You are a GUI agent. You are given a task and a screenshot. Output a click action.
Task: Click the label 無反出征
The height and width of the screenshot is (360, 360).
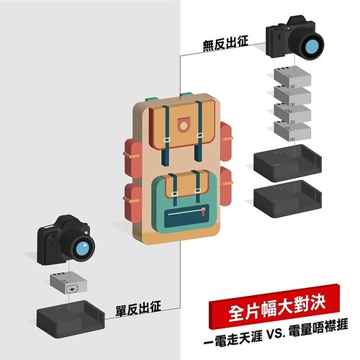225,43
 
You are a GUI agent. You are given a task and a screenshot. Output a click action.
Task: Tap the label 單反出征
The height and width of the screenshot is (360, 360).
138,308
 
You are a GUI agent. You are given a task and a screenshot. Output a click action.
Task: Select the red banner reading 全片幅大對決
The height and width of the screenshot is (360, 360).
275,307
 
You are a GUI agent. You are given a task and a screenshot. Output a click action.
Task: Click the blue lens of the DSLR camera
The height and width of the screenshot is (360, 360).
82,248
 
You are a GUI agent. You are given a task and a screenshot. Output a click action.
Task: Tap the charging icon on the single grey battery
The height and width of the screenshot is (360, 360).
72,289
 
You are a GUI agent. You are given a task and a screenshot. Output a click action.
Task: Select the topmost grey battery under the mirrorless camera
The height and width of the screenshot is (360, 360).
292,77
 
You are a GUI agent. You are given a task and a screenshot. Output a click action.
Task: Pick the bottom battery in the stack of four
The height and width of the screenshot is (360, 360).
292,132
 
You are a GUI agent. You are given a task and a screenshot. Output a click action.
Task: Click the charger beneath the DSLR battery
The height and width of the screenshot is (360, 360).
71,319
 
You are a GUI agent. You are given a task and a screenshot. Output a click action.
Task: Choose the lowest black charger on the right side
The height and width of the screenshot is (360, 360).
287,199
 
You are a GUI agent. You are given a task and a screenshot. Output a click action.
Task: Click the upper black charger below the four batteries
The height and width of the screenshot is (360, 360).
287,163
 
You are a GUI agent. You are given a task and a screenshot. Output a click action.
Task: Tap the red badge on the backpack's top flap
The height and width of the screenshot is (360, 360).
184,125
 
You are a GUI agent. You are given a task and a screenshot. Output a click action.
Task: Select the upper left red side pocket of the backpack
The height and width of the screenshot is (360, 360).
132,158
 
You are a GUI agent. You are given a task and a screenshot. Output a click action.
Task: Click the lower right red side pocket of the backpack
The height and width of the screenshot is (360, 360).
226,186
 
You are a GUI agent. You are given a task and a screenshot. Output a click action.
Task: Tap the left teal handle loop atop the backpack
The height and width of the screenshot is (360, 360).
151,99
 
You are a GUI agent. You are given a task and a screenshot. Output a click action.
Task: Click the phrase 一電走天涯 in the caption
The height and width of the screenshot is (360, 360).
233,338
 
